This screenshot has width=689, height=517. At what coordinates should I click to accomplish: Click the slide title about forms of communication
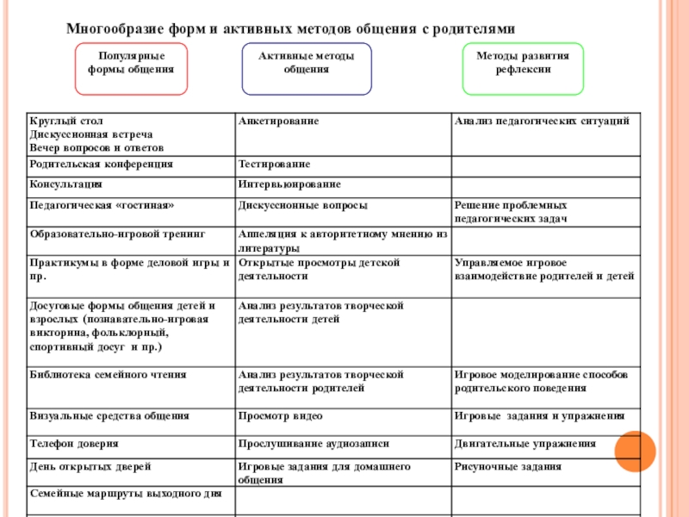[x=296, y=28]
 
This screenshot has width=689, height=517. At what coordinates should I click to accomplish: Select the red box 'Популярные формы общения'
[x=131, y=68]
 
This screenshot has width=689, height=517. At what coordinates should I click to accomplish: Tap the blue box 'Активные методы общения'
[x=307, y=68]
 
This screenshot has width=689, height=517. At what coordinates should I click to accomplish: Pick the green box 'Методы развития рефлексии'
[x=523, y=68]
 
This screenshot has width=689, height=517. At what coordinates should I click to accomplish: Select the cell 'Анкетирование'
[x=279, y=121]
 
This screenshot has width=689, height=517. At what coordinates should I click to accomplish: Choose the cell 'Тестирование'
[x=275, y=163]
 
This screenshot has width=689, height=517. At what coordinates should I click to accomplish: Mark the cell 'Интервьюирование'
[x=289, y=184]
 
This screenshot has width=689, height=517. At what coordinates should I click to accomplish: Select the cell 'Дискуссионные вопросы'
[x=303, y=206]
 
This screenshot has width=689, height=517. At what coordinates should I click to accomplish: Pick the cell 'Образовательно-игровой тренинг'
[x=118, y=234]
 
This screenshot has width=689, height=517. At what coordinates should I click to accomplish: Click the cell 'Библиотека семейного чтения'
[x=108, y=375]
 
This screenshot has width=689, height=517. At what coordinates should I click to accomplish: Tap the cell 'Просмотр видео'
[x=281, y=415]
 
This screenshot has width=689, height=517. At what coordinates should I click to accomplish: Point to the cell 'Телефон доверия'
[x=74, y=444]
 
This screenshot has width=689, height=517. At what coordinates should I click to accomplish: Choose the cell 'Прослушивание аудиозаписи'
[x=313, y=444]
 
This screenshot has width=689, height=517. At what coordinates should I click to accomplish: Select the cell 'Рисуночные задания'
[x=507, y=466]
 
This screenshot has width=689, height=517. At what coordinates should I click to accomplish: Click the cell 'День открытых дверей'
[x=90, y=466]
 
